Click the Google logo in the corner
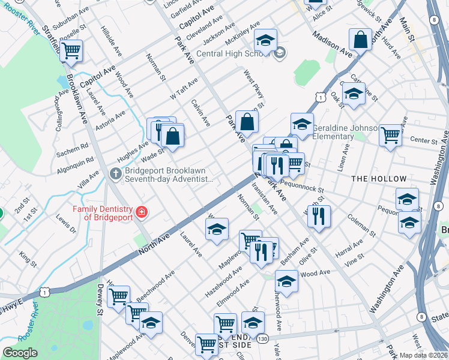pos(20,353)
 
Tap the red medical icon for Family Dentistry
pos(142,212)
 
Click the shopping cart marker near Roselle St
pos(71,51)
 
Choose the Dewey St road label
pos(100,299)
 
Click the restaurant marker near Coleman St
pos(319,215)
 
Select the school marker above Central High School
pos(265,40)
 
